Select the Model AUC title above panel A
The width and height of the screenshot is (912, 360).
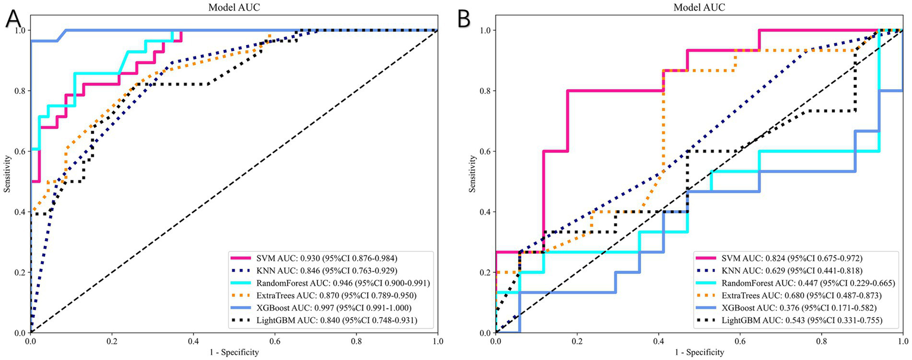click(x=233, y=7)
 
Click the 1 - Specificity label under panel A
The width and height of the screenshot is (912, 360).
click(x=233, y=353)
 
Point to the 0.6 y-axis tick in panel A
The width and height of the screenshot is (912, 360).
click(x=20, y=151)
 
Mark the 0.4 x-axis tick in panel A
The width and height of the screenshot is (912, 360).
click(x=193, y=341)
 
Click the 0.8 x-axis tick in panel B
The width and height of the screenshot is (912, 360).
click(x=821, y=341)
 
